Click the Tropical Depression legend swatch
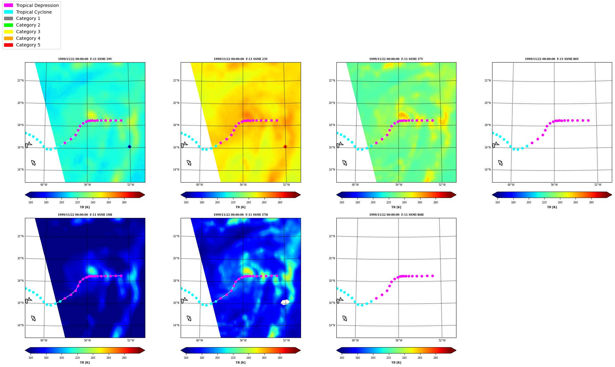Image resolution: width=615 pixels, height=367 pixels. pos(9,5)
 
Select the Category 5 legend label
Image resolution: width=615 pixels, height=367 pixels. pos(28,45)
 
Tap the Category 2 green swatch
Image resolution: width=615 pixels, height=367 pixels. pos(9,25)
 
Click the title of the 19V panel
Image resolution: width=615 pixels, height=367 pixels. pos(85,59)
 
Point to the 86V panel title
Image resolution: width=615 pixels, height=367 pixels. pos(552,59)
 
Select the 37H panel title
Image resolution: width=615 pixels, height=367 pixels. pos(241,215)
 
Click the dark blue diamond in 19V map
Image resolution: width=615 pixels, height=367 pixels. pos(129,147)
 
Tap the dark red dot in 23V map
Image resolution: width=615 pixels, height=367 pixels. pos(285,147)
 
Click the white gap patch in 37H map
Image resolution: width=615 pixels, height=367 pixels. pos(285,302)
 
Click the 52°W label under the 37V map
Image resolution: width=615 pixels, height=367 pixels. pos(442,185)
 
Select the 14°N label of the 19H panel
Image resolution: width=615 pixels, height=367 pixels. pos(20,325)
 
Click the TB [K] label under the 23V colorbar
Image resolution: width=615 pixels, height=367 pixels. pos(240,207)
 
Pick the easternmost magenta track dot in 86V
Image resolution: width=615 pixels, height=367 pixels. pos(588,120)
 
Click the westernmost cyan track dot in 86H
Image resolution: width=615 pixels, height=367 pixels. pos(337,288)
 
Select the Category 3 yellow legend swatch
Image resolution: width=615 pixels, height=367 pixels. pos(9,32)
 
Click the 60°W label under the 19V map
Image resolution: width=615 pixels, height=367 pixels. pos(44,185)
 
